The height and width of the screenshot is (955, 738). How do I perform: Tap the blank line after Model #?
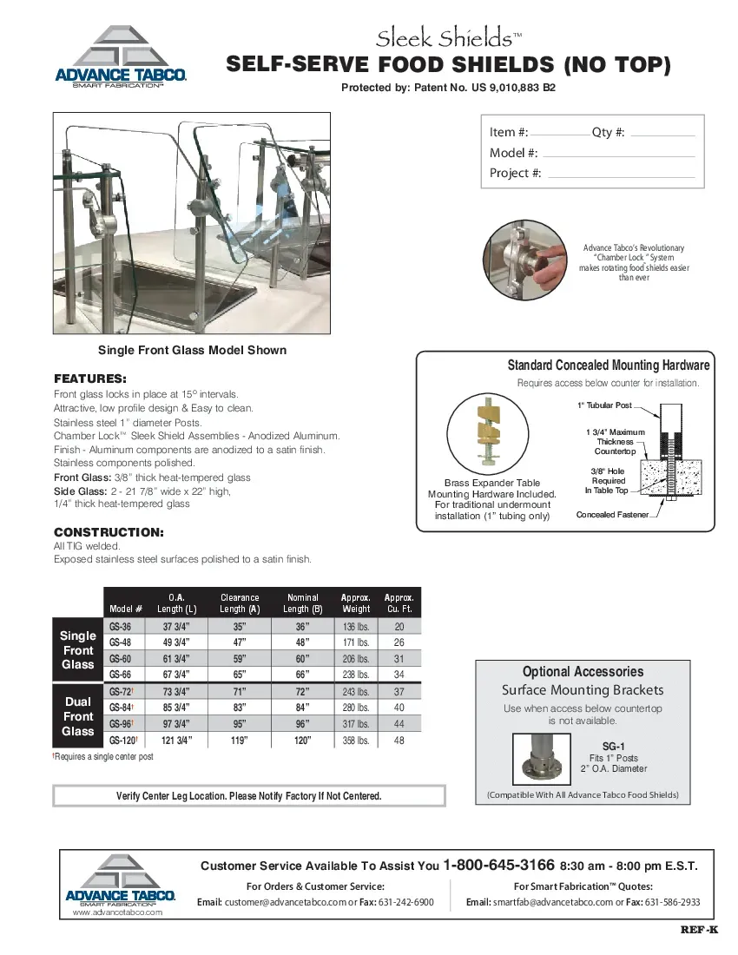tap(617, 154)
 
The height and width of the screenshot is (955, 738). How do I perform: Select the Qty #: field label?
tap(608, 132)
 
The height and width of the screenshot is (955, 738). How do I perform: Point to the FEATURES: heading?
tap(90, 379)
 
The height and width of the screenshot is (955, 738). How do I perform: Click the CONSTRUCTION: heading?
tap(109, 531)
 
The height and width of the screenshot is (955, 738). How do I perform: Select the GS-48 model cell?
tap(121, 642)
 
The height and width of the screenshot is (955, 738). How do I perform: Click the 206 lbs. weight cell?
tap(356, 659)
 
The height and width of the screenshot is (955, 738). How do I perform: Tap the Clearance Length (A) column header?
tap(240, 603)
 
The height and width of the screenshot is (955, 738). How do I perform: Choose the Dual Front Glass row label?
tap(77, 716)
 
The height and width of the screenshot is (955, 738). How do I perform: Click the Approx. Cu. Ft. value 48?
tap(399, 741)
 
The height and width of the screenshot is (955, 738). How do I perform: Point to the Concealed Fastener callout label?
tap(612, 515)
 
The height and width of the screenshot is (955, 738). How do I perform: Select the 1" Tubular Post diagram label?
tap(605, 405)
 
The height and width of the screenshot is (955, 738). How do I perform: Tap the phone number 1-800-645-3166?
tap(498, 865)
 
